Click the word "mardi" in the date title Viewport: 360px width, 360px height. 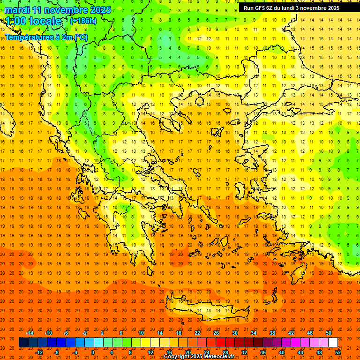[x=17, y=10]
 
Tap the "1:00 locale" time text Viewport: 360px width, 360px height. [x=34, y=21]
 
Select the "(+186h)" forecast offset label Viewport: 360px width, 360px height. [x=83, y=21]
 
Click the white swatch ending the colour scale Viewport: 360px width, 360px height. [x=333, y=343]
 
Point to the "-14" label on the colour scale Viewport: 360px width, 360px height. [x=30, y=333]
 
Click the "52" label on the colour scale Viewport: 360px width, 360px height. [x=338, y=352]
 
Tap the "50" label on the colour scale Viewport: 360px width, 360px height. [x=329, y=333]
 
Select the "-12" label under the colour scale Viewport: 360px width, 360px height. [x=39, y=352]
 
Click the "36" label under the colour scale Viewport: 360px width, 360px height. [x=263, y=352]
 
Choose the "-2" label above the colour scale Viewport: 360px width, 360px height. [x=85, y=333]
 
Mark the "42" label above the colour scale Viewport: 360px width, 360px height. [x=291, y=333]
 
